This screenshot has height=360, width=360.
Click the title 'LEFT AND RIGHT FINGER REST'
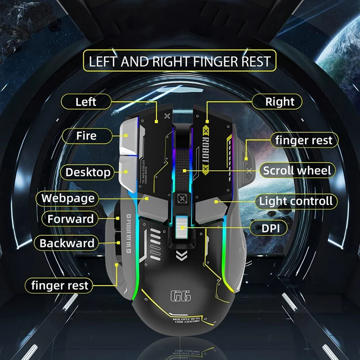pos(180,62)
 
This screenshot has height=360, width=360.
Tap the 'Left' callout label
pos(86,101)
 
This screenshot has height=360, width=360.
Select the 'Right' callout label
pos(279,102)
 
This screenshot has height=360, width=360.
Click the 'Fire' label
pos(86,135)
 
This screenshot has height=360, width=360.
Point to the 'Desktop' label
pos(88,172)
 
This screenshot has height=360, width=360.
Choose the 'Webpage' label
pos(68,198)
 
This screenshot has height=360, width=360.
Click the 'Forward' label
pos(71,220)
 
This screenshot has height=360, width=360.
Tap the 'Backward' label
pos(67,243)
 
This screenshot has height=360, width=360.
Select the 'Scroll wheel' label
pos(297,171)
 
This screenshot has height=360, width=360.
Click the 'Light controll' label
pos(296,201)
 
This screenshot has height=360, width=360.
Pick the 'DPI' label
pos(274,228)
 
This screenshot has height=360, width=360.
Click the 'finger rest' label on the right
pos(304,140)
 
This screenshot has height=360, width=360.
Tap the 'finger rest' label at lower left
pos(60,285)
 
